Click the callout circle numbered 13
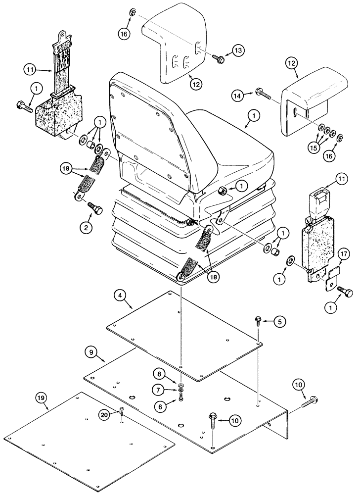tap(238, 50)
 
